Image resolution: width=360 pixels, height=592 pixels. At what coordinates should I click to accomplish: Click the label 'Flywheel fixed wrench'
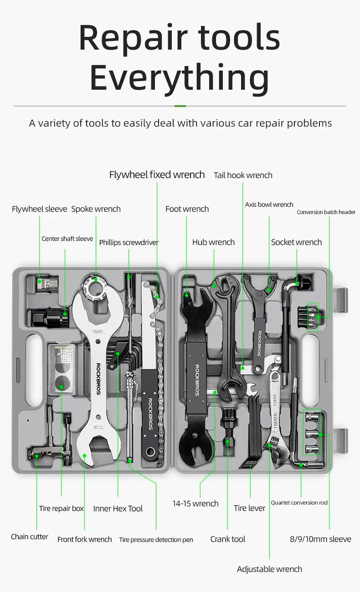tap(157, 175)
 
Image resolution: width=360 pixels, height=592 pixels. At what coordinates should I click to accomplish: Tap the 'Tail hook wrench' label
tap(243, 175)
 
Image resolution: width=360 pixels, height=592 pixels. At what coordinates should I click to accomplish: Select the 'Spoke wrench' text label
tap(96, 209)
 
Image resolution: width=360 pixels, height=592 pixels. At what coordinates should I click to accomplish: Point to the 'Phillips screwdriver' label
tap(129, 242)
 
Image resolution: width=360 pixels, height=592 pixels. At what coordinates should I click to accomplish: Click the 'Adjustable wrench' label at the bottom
tap(269, 569)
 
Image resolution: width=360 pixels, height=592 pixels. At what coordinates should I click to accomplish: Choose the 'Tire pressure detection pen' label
tap(156, 540)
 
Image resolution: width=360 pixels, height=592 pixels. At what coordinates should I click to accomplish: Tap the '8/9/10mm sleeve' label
tap(320, 539)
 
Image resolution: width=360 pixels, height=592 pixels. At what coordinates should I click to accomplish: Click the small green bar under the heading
tap(180, 106)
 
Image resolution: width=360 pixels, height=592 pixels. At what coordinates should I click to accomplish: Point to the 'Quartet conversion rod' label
tap(299, 503)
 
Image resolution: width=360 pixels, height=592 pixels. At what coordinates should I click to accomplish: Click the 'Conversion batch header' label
tap(326, 212)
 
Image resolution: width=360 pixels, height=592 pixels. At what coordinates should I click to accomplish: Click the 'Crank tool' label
tap(227, 539)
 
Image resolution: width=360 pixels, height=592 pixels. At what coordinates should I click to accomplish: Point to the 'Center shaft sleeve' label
tap(67, 239)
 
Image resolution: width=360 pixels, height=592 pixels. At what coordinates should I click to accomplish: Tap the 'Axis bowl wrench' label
tap(269, 204)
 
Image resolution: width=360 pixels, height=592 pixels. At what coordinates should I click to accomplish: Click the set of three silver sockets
tap(312, 433)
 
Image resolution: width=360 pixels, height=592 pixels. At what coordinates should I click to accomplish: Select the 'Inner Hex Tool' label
tap(118, 509)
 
